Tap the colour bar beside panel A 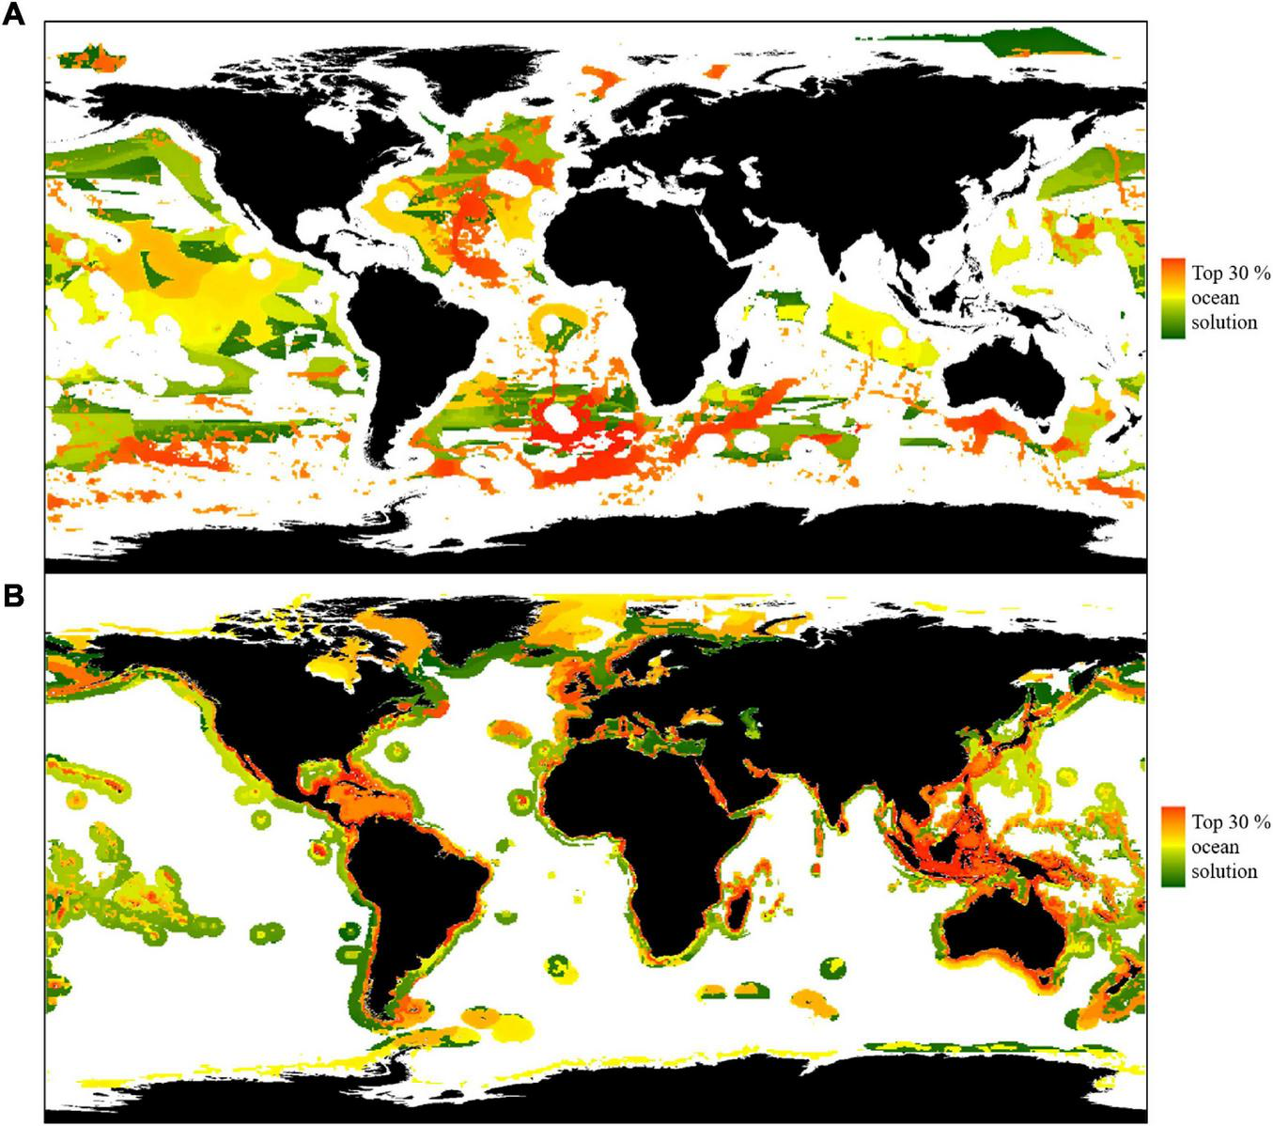pyautogui.click(x=1171, y=298)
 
